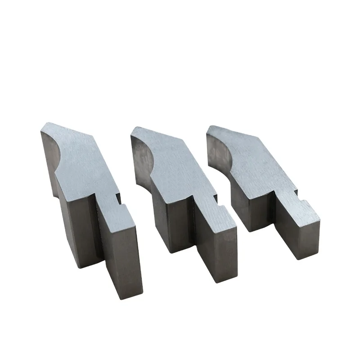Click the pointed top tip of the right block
click(211, 126)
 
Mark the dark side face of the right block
click(252, 211)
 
